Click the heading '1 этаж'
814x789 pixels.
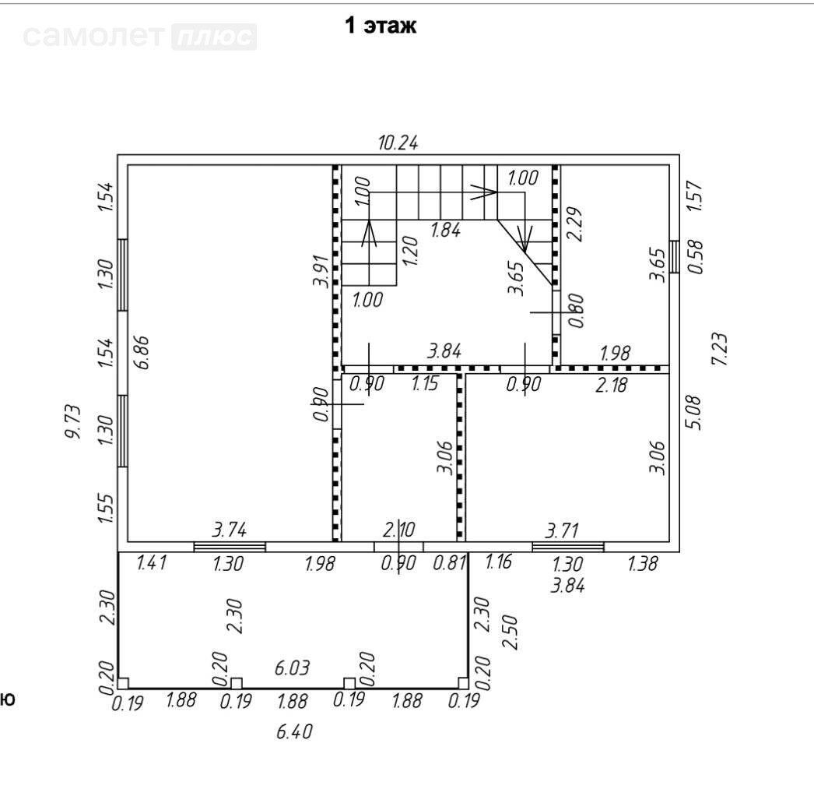coord(381,25)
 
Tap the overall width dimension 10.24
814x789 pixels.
coord(398,143)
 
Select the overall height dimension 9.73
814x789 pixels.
coord(73,421)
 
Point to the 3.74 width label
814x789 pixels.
coord(229,530)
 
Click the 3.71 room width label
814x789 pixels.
coord(562,530)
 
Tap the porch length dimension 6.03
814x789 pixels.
coord(292,667)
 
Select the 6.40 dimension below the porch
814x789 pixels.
coord(294,732)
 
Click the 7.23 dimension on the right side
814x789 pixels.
coord(720,349)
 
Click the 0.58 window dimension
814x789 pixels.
coord(695,256)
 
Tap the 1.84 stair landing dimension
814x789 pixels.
coord(445,230)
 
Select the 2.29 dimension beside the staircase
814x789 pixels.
coord(574,224)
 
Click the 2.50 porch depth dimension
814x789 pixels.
coord(511,632)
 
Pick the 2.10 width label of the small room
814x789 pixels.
coord(399,530)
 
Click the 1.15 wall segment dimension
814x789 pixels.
coord(425,384)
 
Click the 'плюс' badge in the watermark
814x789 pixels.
coord(214,37)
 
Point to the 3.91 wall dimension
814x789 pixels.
coord(321,271)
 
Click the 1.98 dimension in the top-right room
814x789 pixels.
coord(616,354)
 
